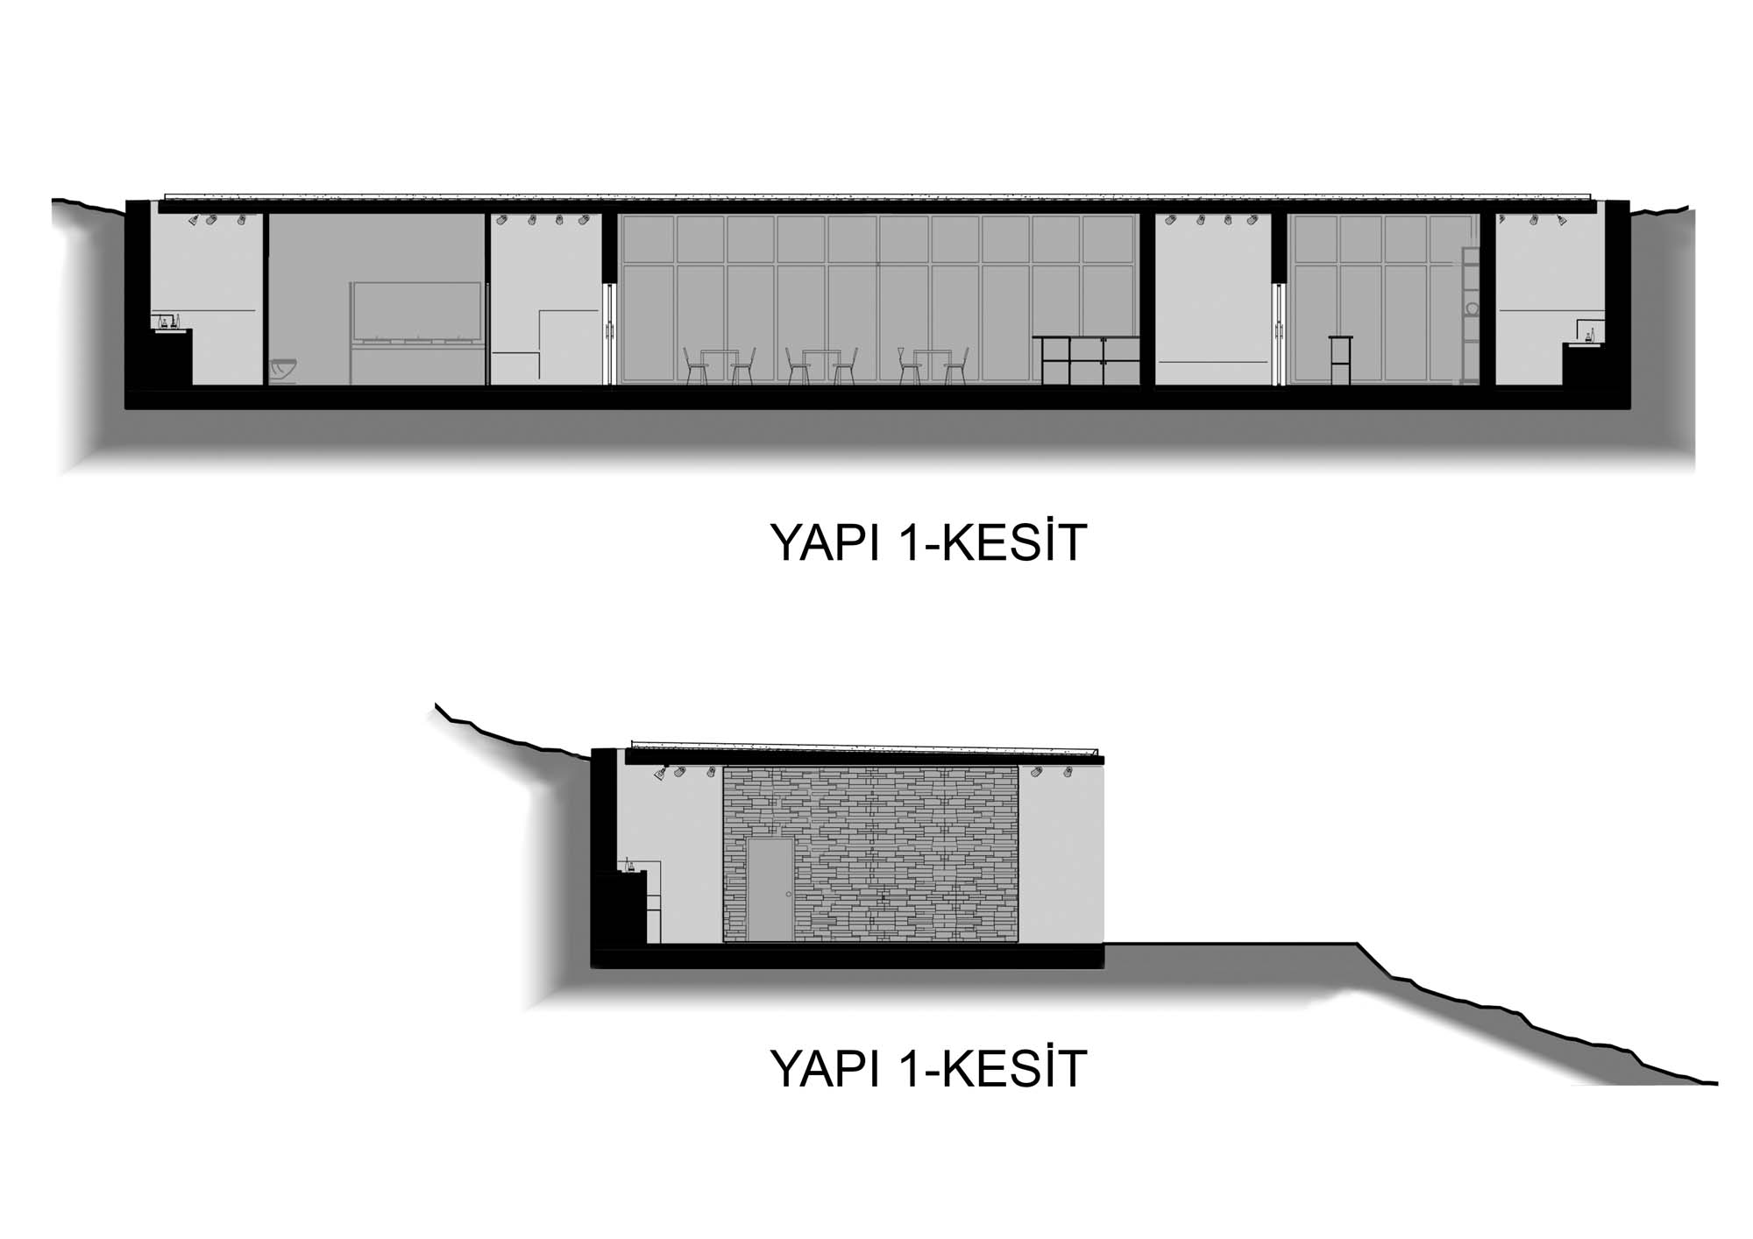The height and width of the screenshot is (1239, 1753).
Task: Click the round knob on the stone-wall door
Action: point(789,894)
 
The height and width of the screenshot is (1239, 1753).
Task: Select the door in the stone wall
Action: point(771,889)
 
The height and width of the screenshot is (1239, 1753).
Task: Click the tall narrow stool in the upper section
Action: point(1340,360)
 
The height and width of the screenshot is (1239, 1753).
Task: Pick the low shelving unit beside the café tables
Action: point(1086,360)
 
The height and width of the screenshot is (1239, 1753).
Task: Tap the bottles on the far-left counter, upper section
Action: point(165,322)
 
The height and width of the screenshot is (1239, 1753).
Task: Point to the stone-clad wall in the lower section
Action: point(870,854)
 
